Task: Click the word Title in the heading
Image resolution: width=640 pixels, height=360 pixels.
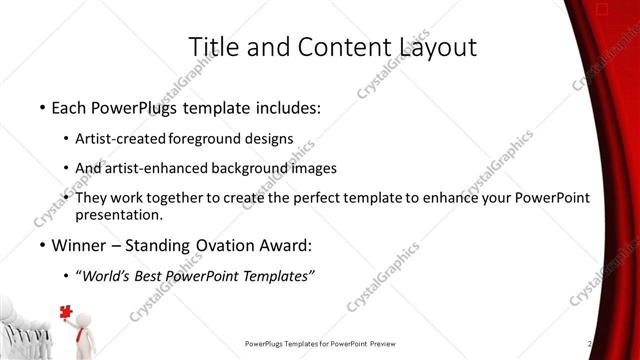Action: (212, 46)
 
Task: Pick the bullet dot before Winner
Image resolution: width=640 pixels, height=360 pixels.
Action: (41, 245)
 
